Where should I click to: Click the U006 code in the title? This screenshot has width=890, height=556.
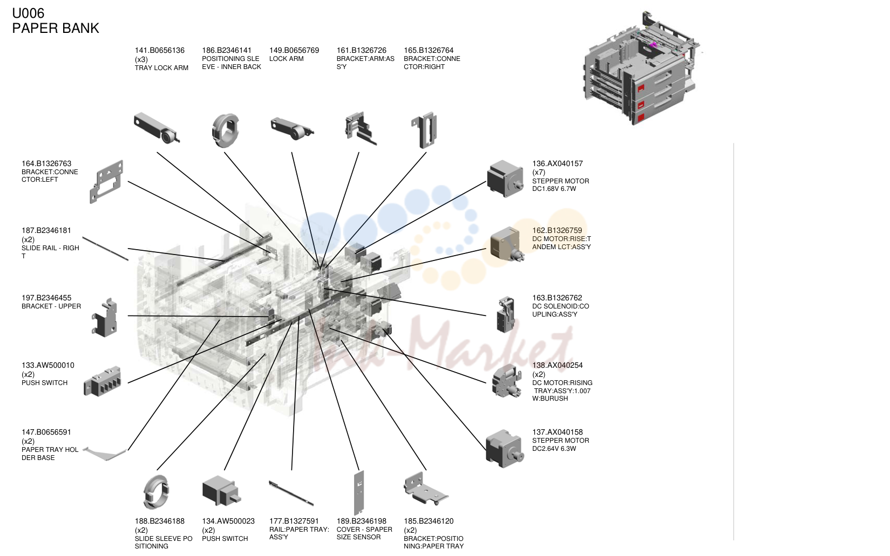(x=28, y=13)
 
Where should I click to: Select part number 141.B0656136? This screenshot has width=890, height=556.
(x=159, y=50)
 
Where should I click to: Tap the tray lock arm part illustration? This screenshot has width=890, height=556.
(x=157, y=128)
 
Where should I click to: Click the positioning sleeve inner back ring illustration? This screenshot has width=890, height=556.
(x=225, y=131)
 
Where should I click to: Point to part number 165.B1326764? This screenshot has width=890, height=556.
(x=429, y=50)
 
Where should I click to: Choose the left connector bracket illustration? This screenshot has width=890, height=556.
(x=106, y=182)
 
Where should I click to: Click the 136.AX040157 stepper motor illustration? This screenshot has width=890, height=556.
(x=505, y=179)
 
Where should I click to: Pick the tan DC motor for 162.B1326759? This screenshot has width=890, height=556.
(x=507, y=244)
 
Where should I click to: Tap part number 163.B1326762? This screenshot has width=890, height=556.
(x=557, y=298)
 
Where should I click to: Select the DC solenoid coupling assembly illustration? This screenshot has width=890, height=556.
(x=506, y=314)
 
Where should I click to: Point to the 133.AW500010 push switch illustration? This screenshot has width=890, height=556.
(x=102, y=381)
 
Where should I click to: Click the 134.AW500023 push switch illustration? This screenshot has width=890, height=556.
(x=221, y=491)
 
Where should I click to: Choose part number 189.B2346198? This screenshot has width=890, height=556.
(x=361, y=521)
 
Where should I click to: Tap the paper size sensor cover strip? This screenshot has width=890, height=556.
(x=359, y=492)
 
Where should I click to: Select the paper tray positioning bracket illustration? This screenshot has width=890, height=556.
(x=425, y=489)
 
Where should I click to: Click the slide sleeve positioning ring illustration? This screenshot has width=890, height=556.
(x=156, y=492)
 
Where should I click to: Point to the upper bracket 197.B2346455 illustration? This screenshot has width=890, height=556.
(x=105, y=318)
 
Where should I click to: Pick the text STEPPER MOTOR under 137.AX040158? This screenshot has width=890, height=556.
(x=561, y=441)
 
